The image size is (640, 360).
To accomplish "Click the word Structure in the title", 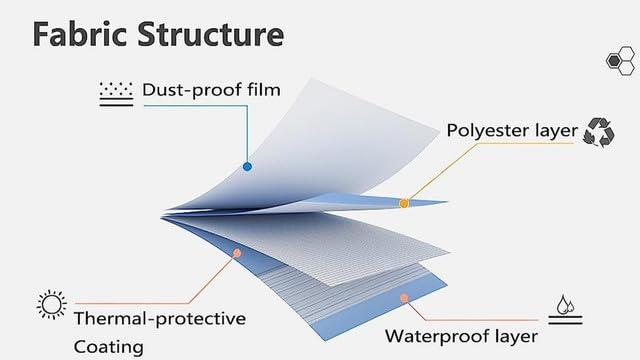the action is (x=211, y=34).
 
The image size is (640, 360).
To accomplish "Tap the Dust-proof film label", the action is (x=211, y=90).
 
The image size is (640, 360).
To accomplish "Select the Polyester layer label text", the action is (x=512, y=131).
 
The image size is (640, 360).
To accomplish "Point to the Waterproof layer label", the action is (x=461, y=336).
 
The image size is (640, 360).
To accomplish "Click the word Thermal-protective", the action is (x=160, y=319).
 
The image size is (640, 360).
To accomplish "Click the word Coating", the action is (x=109, y=347).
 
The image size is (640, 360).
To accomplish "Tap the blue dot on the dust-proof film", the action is (x=247, y=167).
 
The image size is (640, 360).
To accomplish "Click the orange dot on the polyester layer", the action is (x=404, y=203).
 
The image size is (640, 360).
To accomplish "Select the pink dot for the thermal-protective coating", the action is (x=237, y=253).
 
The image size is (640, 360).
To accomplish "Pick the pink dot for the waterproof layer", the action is (x=404, y=298).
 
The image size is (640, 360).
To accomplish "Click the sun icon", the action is (x=51, y=304).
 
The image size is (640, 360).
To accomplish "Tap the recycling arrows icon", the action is (x=599, y=132).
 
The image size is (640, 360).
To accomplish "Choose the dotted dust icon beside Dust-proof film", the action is (x=116, y=94).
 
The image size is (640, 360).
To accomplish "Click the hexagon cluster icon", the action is (x=620, y=61).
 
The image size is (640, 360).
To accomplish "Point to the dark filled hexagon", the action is (x=613, y=61).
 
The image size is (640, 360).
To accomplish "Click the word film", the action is (x=264, y=89).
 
